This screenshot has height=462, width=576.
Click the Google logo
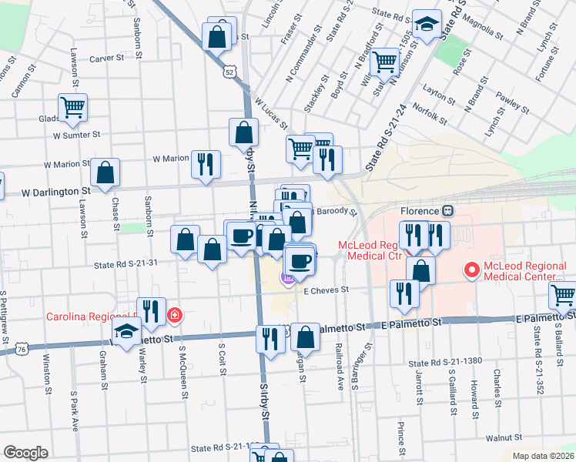(25, 453)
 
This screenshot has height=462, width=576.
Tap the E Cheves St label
(327, 290)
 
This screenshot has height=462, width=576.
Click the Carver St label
(106, 58)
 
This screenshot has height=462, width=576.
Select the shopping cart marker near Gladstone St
(73, 108)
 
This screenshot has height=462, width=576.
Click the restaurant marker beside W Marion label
(206, 164)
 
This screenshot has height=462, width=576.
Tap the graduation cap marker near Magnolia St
(426, 24)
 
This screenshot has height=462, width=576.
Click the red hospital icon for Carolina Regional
(176, 316)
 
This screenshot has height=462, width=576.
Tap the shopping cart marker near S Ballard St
(563, 295)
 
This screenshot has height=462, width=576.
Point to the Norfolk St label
(430, 112)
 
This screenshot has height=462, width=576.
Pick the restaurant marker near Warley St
(151, 312)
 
